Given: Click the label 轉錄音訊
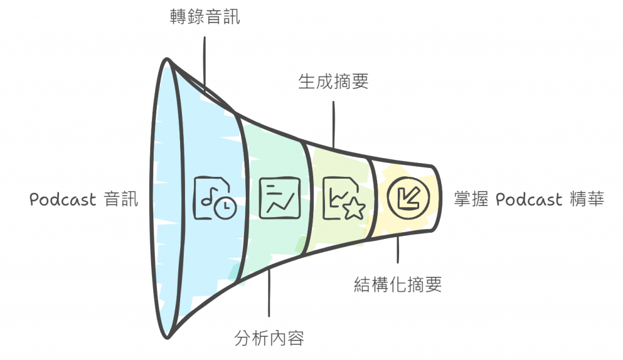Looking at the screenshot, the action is point(204,17).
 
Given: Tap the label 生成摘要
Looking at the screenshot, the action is point(333,81).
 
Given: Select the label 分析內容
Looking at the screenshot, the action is point(269,337).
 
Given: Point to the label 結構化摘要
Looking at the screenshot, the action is point(398,284).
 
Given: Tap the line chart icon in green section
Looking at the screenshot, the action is point(280,198).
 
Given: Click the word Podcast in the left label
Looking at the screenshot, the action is point(63,199).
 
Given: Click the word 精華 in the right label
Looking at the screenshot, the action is point(587,199).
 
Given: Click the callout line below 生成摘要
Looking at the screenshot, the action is point(333,122).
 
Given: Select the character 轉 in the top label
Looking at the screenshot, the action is point(178,17).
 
